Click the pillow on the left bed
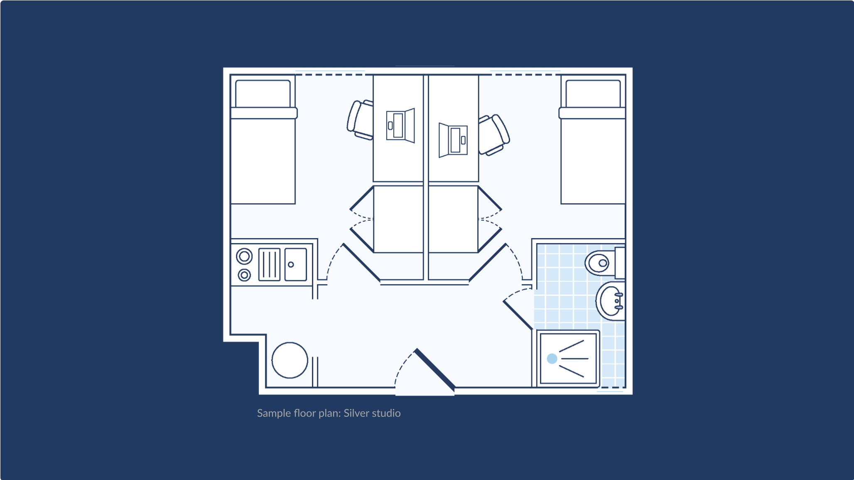(x=263, y=94)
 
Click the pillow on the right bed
(x=593, y=94)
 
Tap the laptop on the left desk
(x=400, y=125)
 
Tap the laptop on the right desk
(x=453, y=140)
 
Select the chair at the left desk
(x=360, y=120)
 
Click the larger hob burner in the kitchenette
(x=244, y=256)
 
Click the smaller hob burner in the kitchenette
(x=244, y=275)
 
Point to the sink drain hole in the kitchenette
(x=291, y=264)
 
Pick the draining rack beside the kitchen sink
(x=269, y=264)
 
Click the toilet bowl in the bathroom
(x=599, y=263)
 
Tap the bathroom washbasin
(x=610, y=301)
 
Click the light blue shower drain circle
(x=552, y=359)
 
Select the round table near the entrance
(x=290, y=360)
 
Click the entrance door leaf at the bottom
(x=434, y=370)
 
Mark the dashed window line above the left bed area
(x=330, y=75)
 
